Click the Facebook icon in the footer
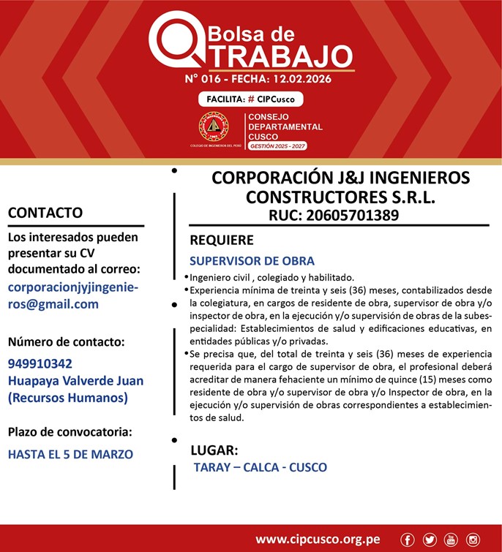coord(408,540)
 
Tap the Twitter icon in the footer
coord(430,540)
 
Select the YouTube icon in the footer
coord(451,540)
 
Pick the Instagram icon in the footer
coord(473,540)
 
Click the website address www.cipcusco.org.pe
coord(318,540)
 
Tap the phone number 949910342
coord(40,363)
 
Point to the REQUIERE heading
coord(222,240)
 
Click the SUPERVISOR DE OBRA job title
coord(252,261)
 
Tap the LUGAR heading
coord(214,450)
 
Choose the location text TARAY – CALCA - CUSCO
coord(260,467)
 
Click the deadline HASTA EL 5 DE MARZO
coord(70,454)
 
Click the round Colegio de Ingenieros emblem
coord(214,126)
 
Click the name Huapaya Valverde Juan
coord(75,381)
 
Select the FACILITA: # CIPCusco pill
coord(250,99)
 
